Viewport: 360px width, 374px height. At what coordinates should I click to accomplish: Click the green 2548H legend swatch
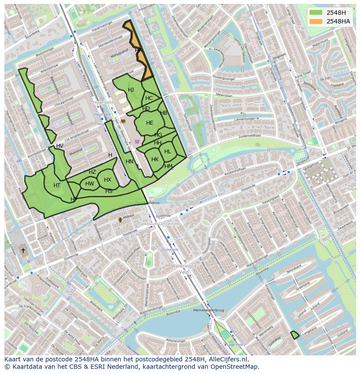(x=316, y=13)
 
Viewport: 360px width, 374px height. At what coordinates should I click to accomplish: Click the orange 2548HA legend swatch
(x=316, y=21)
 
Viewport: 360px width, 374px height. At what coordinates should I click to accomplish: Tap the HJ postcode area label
(x=131, y=90)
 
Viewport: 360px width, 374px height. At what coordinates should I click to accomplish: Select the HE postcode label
(x=150, y=123)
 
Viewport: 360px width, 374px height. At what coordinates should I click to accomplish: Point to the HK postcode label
(x=155, y=159)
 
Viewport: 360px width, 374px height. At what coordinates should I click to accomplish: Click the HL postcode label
(x=167, y=152)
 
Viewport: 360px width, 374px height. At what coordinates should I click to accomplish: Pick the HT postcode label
(x=57, y=185)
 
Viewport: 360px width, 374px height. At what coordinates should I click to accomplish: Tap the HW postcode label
(x=90, y=184)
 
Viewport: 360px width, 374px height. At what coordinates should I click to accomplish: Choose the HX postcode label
(x=107, y=180)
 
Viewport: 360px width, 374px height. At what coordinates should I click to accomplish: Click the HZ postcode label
(x=92, y=172)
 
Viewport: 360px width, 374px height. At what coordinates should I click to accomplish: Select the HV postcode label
(x=60, y=146)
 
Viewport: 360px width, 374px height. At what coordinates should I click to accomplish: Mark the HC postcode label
(x=149, y=98)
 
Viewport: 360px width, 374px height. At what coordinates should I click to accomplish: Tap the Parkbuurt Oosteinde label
(x=158, y=224)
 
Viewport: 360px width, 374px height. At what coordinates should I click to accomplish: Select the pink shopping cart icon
(x=137, y=142)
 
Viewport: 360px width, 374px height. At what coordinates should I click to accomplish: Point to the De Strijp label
(x=297, y=27)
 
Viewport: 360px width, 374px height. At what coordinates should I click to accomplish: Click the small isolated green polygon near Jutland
(x=295, y=335)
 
